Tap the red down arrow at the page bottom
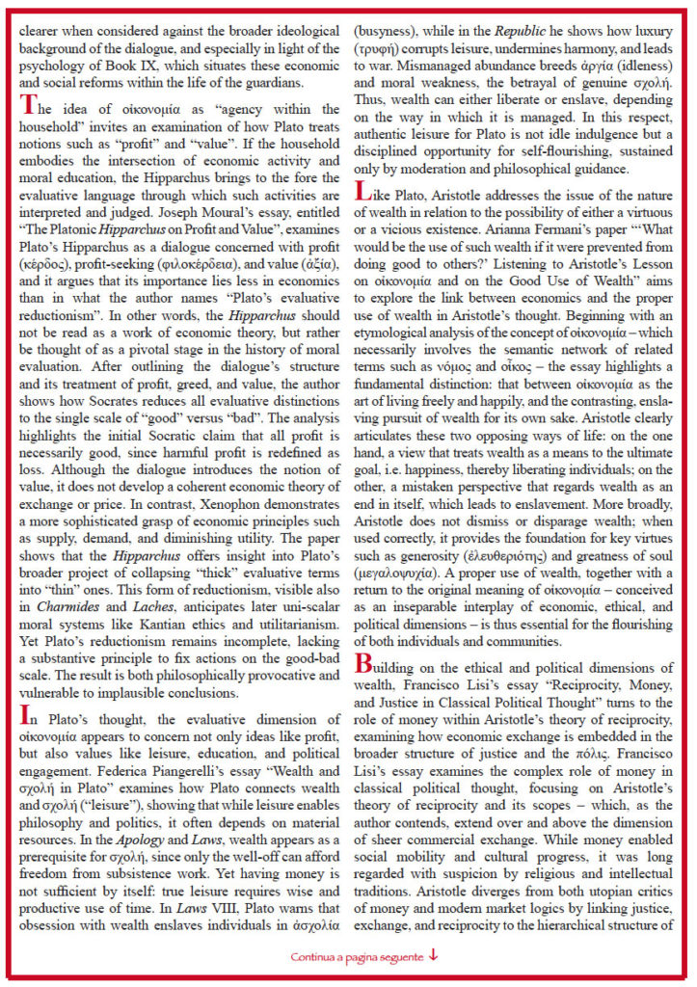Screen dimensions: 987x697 [433, 957]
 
